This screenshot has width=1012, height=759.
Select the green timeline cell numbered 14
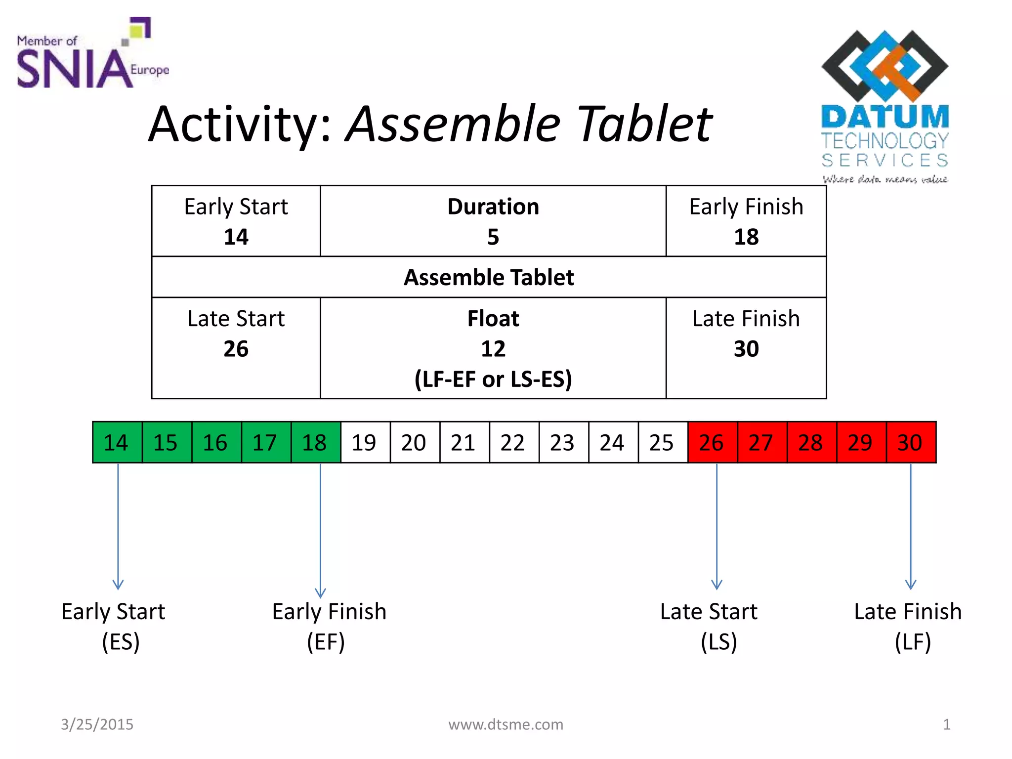pyautogui.click(x=117, y=442)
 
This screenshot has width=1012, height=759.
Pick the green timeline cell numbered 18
pyautogui.click(x=316, y=442)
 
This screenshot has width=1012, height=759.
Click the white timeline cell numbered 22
pyautogui.click(x=514, y=442)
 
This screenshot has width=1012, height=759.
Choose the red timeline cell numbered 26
pyautogui.click(x=713, y=442)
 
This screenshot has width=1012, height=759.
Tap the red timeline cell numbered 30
pyautogui.click(x=911, y=442)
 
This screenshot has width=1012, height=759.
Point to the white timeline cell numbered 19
pyautogui.click(x=365, y=442)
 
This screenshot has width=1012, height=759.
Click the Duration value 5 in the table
pyautogui.click(x=493, y=237)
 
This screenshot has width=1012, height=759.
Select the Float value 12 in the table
pyautogui.click(x=493, y=349)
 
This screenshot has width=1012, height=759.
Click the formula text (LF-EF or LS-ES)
pyautogui.click(x=493, y=379)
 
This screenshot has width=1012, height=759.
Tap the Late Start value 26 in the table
pyautogui.click(x=236, y=349)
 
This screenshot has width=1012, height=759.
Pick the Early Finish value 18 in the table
pyautogui.click(x=746, y=237)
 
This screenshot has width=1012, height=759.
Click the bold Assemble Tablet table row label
pyautogui.click(x=489, y=277)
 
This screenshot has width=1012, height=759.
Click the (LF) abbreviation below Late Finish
pyautogui.click(x=913, y=642)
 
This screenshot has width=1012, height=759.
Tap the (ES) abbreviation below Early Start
pyautogui.click(x=121, y=642)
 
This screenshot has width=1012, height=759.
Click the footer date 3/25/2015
pyautogui.click(x=97, y=724)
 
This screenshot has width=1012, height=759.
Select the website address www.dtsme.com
pyautogui.click(x=506, y=724)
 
